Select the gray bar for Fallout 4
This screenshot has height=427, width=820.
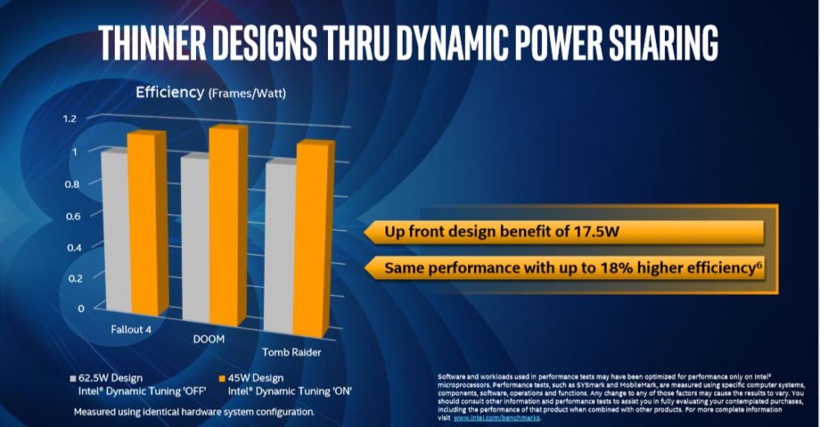pyautogui.click(x=114, y=234)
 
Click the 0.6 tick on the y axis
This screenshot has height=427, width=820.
pyautogui.click(x=75, y=215)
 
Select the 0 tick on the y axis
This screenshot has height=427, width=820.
pyautogui.click(x=80, y=309)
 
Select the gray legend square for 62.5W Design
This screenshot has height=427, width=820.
pyautogui.click(x=72, y=379)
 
